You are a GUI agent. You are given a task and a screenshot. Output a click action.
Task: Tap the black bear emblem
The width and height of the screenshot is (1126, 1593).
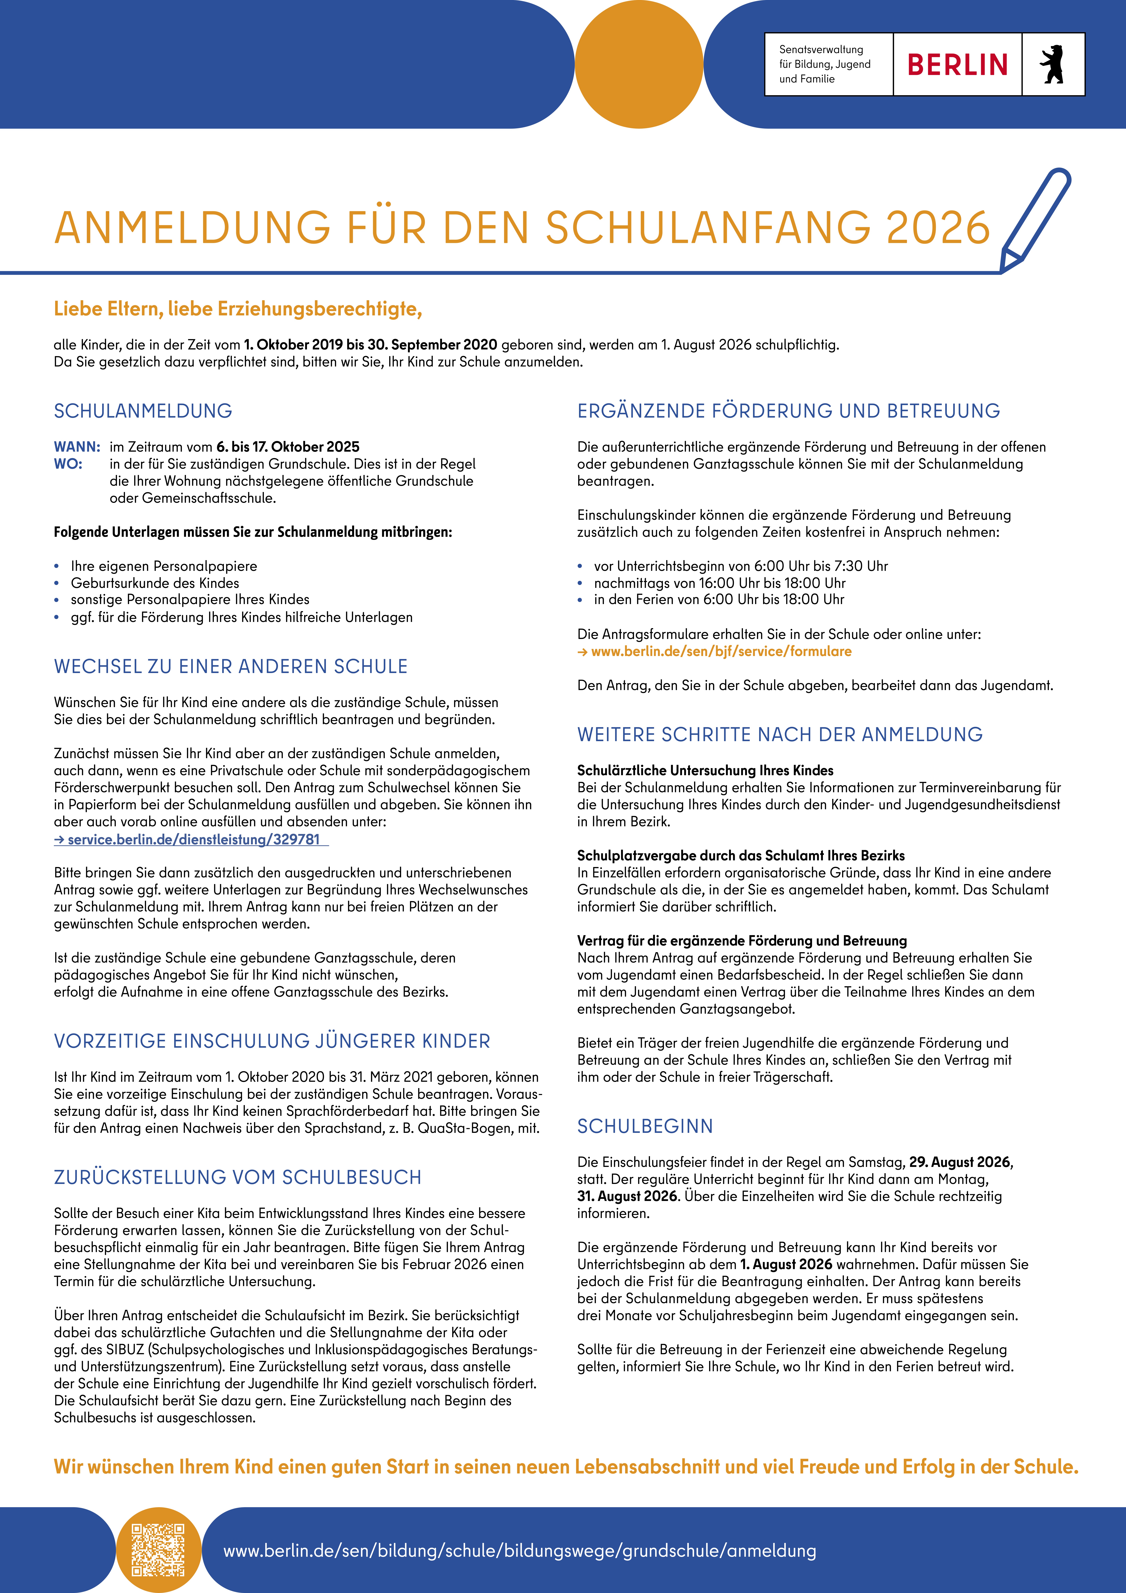point(1052,65)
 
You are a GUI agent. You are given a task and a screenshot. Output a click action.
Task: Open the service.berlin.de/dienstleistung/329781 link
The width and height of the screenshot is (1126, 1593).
point(192,840)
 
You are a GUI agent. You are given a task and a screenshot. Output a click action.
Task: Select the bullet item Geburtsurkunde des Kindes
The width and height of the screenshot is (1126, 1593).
point(155,583)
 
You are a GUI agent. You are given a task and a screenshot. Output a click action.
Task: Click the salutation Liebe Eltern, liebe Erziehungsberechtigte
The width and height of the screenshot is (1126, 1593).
point(238,309)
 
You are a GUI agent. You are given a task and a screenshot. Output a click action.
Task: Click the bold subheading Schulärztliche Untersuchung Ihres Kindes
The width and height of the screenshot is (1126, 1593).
point(705,770)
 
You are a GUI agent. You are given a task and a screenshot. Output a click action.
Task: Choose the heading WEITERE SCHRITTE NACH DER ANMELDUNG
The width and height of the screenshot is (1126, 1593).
point(780,735)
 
